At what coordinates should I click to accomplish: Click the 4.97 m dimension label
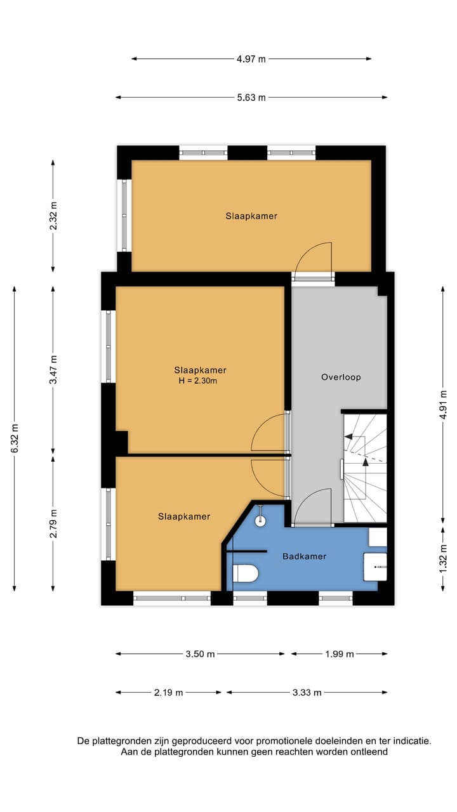click(251, 59)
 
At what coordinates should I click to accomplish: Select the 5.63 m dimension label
click(251, 98)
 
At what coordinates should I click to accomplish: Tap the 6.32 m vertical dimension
click(14, 438)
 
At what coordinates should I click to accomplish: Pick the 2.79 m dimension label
click(53, 523)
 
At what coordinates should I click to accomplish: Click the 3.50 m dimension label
click(200, 654)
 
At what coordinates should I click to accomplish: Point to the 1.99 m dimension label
click(339, 654)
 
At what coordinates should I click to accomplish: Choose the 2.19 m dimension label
click(168, 693)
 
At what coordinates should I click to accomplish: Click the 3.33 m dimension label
click(307, 693)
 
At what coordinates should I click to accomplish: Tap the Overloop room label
click(341, 377)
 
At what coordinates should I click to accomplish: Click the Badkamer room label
click(305, 556)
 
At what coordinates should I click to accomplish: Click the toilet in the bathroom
click(245, 573)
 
